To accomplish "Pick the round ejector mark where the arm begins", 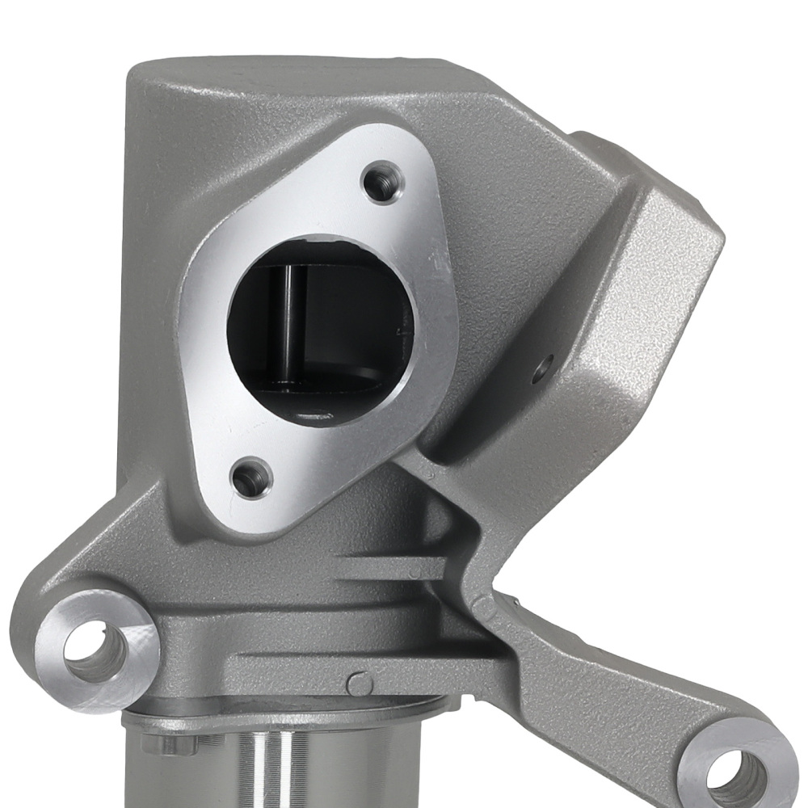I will click(x=484, y=602).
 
